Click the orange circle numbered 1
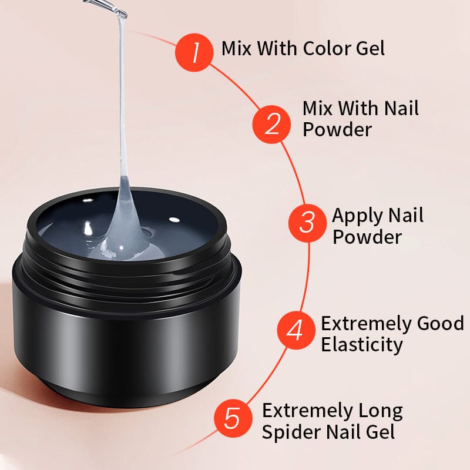[193, 52]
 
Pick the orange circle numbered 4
[296, 330]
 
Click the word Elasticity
[361, 344]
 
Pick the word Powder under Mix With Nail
[337, 129]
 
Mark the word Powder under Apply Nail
[367, 237]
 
